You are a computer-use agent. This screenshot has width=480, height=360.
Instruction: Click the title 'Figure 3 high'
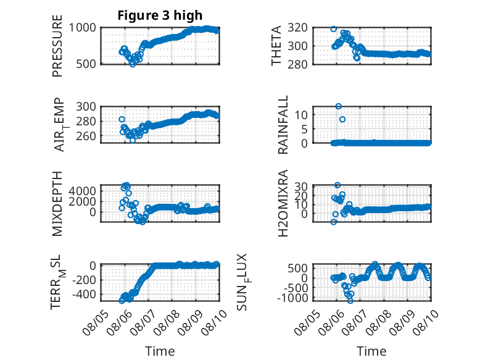click(x=160, y=15)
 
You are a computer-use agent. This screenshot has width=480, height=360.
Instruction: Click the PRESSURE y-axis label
click(x=57, y=46)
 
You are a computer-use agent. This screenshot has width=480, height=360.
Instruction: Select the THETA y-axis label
click(x=276, y=46)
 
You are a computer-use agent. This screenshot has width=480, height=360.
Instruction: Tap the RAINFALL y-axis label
click(x=283, y=124)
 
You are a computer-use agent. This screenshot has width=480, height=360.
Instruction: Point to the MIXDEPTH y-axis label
click(x=57, y=204)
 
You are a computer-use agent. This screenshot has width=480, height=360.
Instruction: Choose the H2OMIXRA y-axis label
click(x=283, y=203)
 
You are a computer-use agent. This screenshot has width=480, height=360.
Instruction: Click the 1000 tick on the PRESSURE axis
click(x=82, y=28)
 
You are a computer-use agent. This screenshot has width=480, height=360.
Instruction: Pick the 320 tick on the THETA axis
click(x=297, y=28)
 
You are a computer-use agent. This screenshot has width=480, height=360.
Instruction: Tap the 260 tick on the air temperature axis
click(x=86, y=136)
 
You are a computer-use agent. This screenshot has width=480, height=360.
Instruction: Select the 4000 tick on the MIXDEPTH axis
click(x=82, y=191)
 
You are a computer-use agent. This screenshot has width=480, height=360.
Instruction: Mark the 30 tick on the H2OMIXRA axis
click(x=301, y=186)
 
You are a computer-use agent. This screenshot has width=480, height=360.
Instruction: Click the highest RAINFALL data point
click(x=338, y=106)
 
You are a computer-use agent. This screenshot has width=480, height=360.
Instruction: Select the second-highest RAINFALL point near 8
click(x=342, y=119)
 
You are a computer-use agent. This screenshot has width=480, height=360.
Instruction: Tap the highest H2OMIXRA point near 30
click(x=337, y=185)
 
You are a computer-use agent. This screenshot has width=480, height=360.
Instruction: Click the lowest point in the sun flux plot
click(x=350, y=301)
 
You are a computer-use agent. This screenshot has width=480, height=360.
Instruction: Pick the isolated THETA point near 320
click(x=333, y=29)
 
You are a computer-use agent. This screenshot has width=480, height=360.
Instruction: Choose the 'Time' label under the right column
click(x=371, y=351)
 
